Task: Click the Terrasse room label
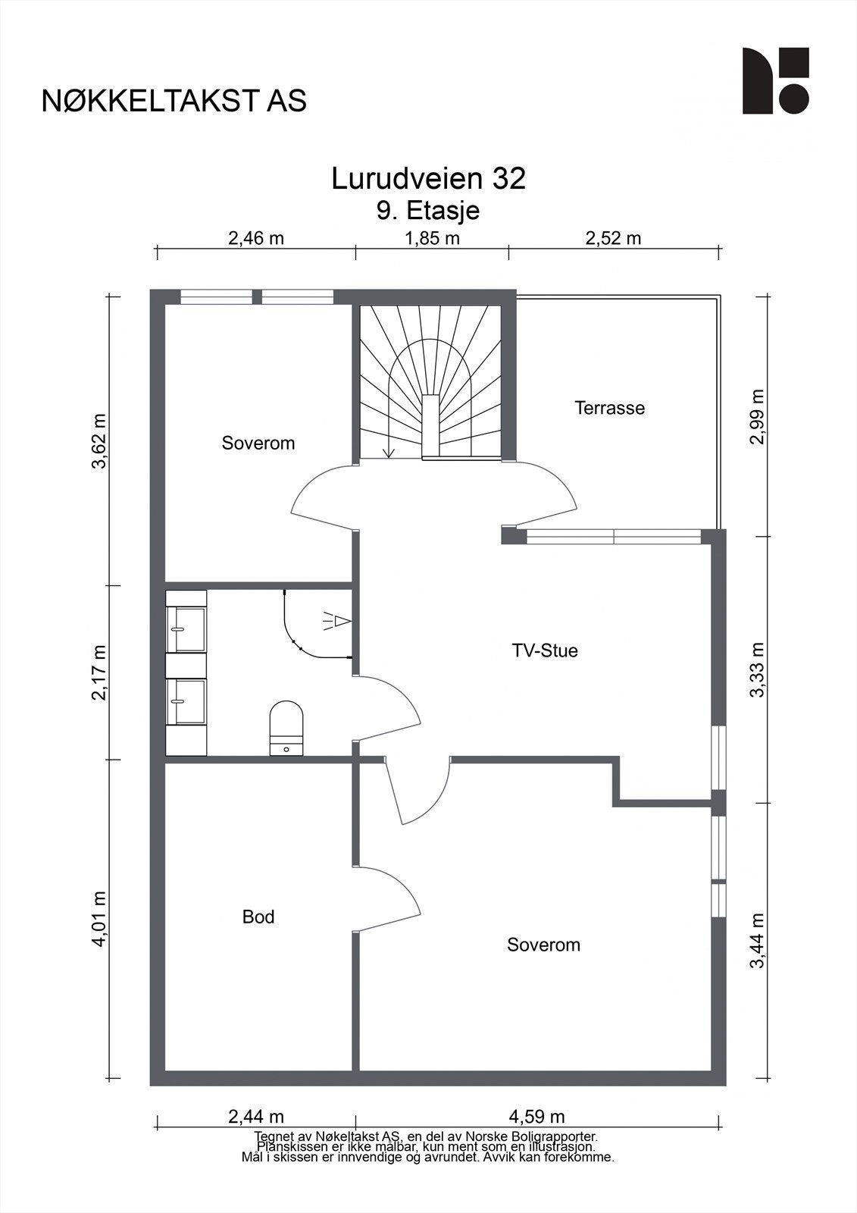tap(609, 408)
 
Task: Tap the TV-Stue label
tap(545, 650)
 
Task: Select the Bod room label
tap(258, 917)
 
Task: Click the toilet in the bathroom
tap(286, 728)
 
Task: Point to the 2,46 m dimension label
tap(256, 238)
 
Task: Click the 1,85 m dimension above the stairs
tap(432, 238)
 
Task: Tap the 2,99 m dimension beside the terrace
tap(758, 416)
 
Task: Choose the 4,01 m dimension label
tap(99, 919)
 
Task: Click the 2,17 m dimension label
tap(99, 673)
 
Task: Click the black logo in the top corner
tap(776, 80)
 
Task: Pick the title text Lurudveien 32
tap(428, 179)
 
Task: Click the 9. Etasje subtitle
tap(428, 211)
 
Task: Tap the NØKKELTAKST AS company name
tap(174, 102)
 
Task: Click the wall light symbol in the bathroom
tap(337, 621)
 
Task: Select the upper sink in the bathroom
tap(186, 629)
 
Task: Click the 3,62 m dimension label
tap(99, 441)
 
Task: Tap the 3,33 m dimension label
tap(758, 670)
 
